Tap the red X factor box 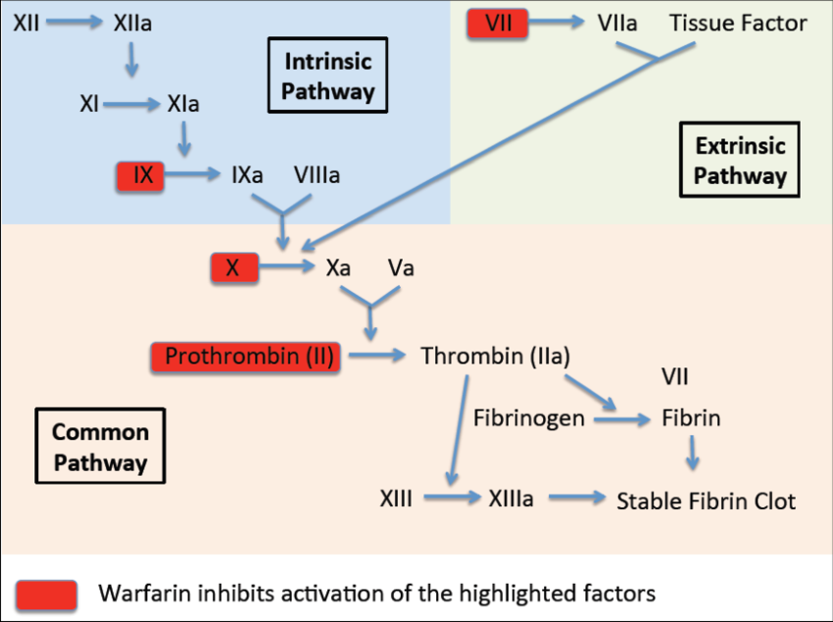pos(234,267)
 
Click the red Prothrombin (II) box pos(244,357)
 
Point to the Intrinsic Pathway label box pos(329,76)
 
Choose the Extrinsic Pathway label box pos(740,161)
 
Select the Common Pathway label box pos(100,447)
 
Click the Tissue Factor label pos(738,23)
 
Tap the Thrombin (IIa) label pos(495,357)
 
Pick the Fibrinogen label pos(529,418)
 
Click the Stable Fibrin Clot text pos(706,501)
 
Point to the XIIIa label pos(511,499)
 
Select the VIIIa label pos(317,175)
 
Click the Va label pos(401,267)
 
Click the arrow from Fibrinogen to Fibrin pos(621,419)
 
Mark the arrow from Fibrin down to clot pos(693,452)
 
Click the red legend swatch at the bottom pos(46,594)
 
